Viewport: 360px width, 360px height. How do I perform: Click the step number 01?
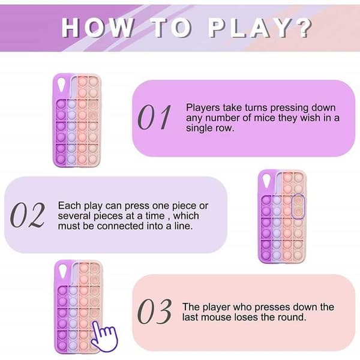(154, 117)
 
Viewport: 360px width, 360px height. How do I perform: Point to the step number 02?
(28, 215)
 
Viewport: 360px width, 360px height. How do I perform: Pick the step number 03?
(154, 311)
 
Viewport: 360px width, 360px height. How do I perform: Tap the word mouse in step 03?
(217, 318)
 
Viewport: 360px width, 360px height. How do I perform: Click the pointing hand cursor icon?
(104, 336)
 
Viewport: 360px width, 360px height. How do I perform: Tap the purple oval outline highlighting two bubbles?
(298, 206)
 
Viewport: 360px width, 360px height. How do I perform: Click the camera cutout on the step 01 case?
(61, 85)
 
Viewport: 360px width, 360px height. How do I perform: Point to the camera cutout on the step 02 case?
(266, 181)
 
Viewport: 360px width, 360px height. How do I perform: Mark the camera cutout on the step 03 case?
(62, 272)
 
